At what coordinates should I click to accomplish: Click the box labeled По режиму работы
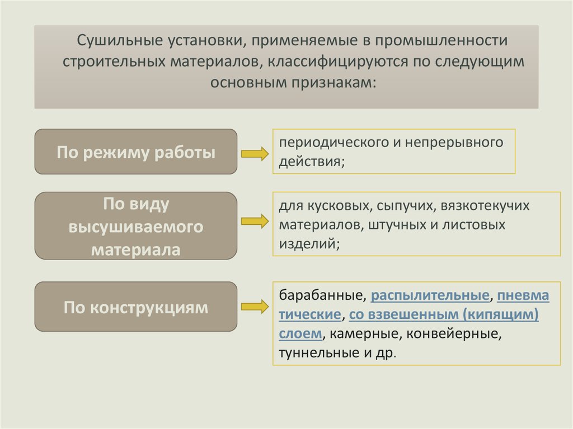[136, 152]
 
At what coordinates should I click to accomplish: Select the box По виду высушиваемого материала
[136, 226]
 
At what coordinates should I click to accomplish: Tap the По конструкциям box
[136, 307]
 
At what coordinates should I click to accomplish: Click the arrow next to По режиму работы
[255, 154]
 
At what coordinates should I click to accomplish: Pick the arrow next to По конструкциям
[255, 306]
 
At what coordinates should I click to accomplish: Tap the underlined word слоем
[300, 334]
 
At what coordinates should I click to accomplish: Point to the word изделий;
[308, 243]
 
